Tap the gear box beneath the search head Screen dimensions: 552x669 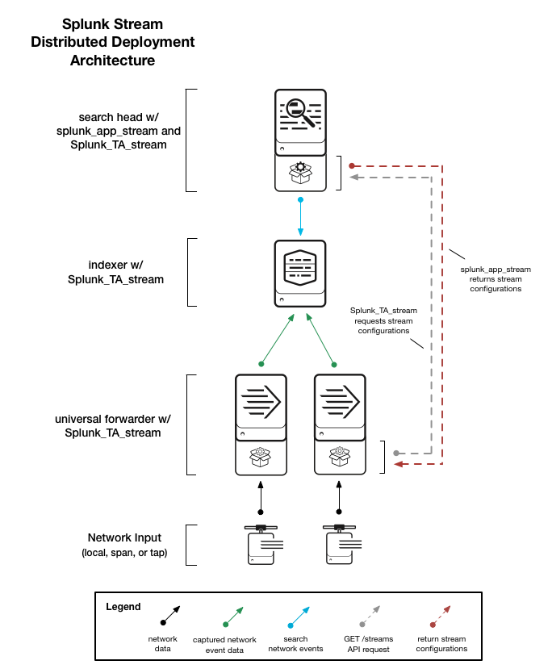[301, 173]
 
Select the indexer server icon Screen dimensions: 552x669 [300, 274]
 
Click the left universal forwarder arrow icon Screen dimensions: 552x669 [261, 402]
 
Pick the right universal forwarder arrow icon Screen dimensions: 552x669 [340, 402]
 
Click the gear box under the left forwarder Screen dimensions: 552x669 [260, 457]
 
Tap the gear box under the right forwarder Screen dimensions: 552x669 [340, 457]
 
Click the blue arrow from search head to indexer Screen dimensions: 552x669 [300, 217]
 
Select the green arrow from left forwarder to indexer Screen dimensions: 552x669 [278, 340]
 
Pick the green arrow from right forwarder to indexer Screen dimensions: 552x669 [321, 340]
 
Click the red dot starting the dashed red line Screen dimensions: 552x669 [352, 165]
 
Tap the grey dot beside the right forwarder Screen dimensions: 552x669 [396, 453]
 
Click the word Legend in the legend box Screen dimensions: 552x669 [123, 607]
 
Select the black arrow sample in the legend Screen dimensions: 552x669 [170, 615]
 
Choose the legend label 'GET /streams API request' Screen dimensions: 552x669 [369, 644]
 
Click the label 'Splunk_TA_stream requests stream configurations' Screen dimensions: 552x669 [383, 320]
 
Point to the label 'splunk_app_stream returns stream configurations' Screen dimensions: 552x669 [496, 279]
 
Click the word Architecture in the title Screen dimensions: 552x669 [113, 61]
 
